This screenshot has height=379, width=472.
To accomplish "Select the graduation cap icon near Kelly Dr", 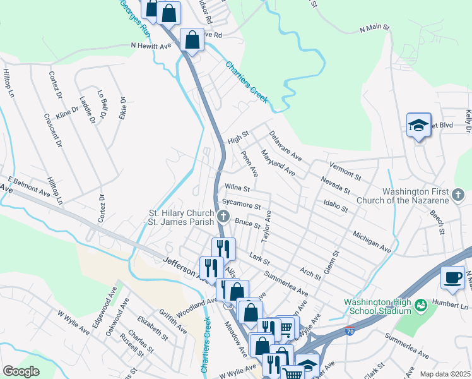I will [418, 125].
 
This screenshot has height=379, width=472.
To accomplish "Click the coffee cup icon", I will [452, 279].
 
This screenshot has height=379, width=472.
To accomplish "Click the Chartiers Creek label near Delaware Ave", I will [247, 82].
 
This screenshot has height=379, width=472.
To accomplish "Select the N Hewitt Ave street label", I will [151, 45].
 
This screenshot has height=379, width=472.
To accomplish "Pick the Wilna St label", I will [237, 188].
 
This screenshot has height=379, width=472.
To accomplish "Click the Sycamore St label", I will [241, 205].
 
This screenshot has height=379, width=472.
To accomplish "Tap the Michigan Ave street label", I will [372, 243].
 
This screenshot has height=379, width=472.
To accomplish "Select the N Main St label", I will [375, 28].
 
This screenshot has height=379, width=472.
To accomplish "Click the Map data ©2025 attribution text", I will [445, 374].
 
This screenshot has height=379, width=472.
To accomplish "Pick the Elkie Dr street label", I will [122, 107].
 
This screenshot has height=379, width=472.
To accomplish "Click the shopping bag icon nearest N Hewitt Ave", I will [192, 40].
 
